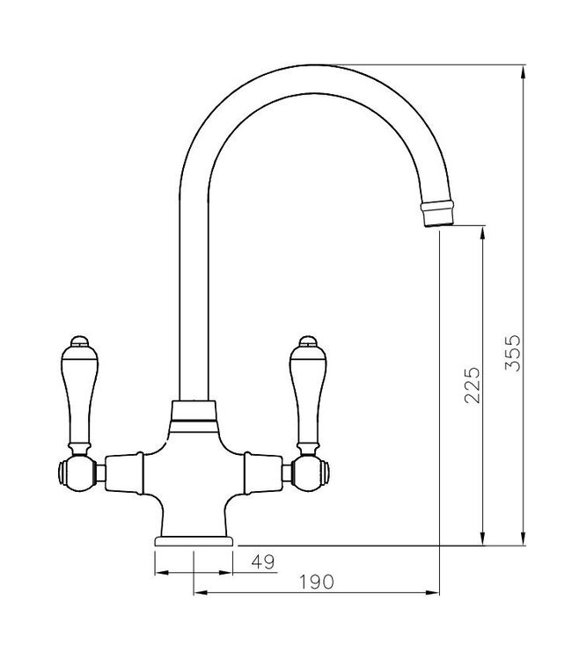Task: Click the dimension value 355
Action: point(515,352)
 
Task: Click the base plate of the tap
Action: point(193,539)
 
